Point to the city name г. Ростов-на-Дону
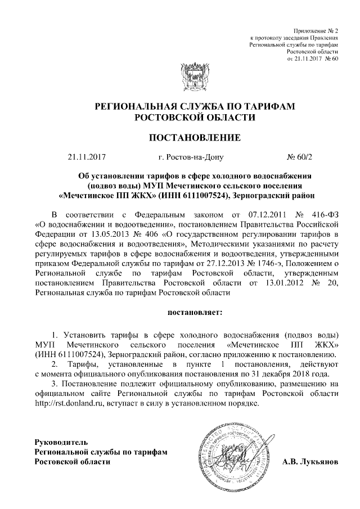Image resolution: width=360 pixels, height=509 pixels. pos(191,158)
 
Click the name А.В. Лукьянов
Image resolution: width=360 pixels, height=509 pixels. pos(310,462)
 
